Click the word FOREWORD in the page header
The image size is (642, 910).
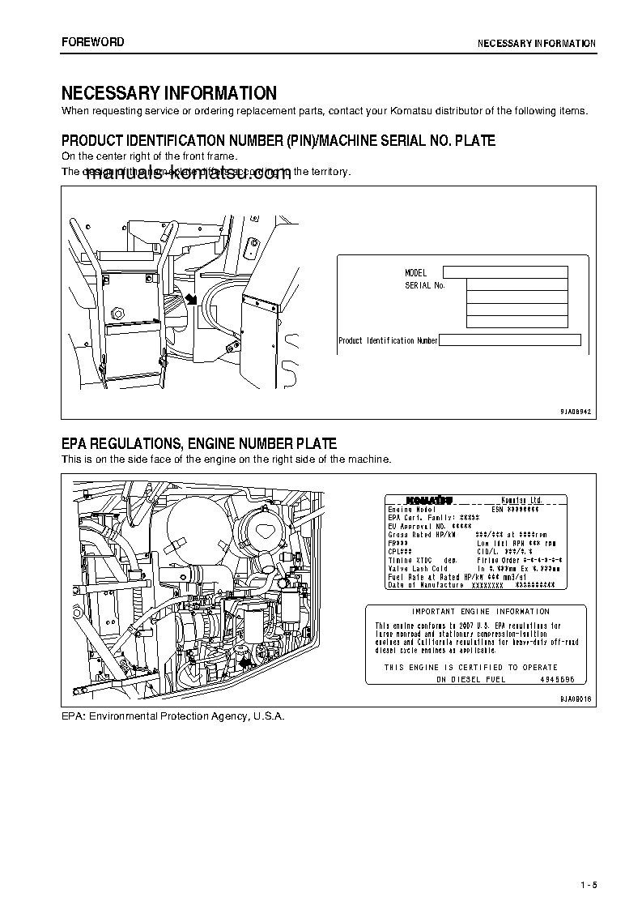[x=93, y=42]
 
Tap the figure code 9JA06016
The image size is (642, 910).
[x=576, y=699]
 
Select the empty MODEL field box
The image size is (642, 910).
[x=505, y=272]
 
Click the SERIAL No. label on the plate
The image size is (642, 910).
[x=425, y=285]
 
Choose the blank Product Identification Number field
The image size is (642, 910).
[x=510, y=340]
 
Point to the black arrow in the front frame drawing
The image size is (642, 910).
[x=191, y=299]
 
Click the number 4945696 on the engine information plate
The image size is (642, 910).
[x=557, y=679]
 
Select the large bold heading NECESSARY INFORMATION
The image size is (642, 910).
[x=169, y=93]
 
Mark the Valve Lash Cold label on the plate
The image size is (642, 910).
[x=419, y=569]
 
